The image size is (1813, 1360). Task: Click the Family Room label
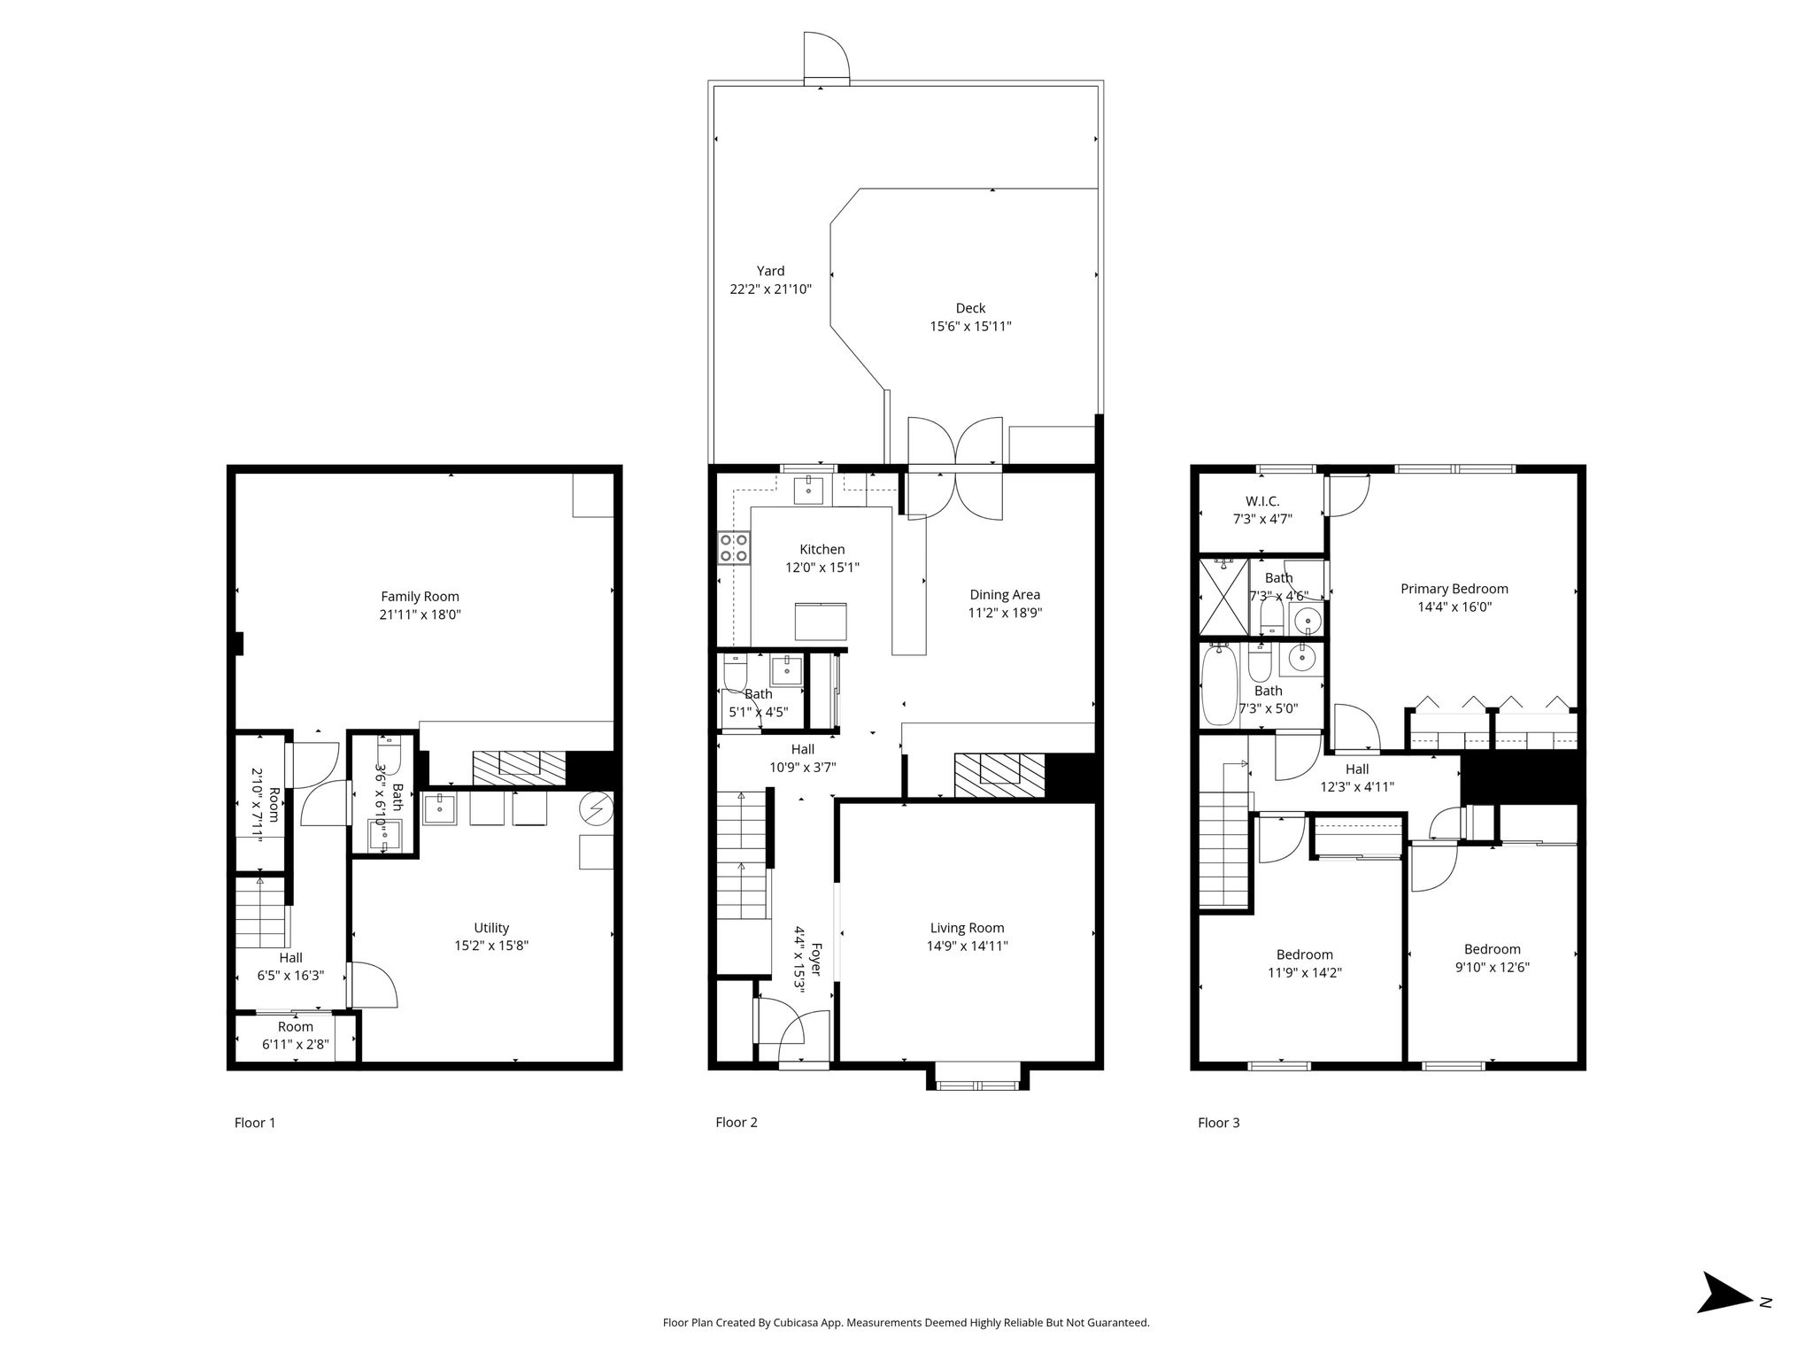point(420,597)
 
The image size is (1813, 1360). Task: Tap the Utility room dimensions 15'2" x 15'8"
point(491,946)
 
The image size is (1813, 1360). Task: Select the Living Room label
point(967,928)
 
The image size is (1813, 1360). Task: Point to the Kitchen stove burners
point(734,547)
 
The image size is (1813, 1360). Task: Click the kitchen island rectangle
point(820,621)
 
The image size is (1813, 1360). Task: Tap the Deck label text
point(970,308)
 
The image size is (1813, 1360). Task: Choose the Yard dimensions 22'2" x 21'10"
point(770,290)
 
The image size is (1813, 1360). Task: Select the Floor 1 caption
point(255,1123)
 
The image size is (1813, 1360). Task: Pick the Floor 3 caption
point(1218,1123)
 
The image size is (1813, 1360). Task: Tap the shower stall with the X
point(1223,597)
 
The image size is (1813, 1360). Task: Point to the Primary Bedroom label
point(1454,589)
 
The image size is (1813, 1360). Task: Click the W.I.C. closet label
point(1262,501)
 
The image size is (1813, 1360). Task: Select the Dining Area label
point(1005,595)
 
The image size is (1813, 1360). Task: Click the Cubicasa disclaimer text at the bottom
point(906,1323)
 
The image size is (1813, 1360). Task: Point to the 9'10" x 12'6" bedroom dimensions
point(1492,968)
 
